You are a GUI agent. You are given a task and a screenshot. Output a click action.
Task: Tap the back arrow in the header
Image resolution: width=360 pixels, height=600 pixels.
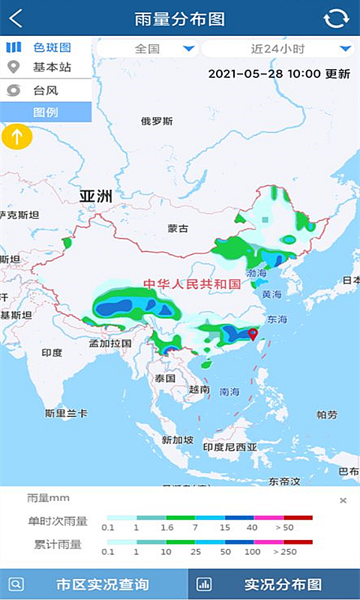(15, 18)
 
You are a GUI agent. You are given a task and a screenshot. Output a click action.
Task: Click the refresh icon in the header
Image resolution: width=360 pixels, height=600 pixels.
(337, 19)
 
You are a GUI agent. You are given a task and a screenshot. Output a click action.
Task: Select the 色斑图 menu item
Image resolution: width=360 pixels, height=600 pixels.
(46, 47)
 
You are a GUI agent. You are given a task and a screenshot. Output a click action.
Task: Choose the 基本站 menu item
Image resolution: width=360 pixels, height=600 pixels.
(46, 67)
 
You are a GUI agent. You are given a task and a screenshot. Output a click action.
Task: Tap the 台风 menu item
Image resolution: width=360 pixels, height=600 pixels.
(46, 90)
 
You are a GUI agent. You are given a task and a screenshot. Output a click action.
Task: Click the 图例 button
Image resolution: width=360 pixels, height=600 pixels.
(46, 112)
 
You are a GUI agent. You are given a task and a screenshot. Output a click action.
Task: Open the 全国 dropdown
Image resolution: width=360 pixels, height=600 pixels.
(148, 49)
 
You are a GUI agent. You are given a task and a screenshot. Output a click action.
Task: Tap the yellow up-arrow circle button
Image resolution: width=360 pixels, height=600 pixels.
(16, 137)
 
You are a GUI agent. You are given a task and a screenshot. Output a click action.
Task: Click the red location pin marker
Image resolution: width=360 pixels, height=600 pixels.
(253, 334)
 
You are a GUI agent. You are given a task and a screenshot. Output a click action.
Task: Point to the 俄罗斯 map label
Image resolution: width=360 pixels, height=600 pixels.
(157, 121)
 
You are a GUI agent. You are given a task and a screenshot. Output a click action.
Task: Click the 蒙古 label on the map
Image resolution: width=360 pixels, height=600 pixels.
(178, 228)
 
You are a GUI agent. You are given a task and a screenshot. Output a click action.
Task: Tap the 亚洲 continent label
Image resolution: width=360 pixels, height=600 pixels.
(96, 196)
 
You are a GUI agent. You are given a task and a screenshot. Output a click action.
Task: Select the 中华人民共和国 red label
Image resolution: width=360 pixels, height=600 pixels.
(193, 284)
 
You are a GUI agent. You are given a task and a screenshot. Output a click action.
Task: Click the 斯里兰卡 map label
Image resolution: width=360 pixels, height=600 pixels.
(66, 413)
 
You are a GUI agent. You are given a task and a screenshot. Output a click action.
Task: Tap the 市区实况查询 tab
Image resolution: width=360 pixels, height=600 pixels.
(93, 584)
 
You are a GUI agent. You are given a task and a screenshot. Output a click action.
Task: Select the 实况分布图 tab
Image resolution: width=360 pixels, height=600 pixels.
(274, 584)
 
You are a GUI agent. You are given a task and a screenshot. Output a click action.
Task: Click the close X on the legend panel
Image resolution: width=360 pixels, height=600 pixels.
(343, 500)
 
